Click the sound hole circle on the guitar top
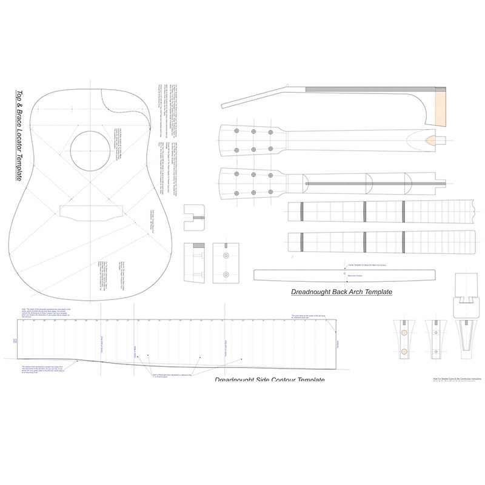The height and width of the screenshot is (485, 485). (x=89, y=152)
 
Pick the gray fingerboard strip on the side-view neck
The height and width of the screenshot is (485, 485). (x=370, y=90)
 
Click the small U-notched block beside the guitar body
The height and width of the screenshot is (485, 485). (x=195, y=216)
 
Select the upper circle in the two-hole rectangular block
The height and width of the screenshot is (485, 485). (x=226, y=256)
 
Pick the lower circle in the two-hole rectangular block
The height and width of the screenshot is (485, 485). (x=226, y=275)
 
